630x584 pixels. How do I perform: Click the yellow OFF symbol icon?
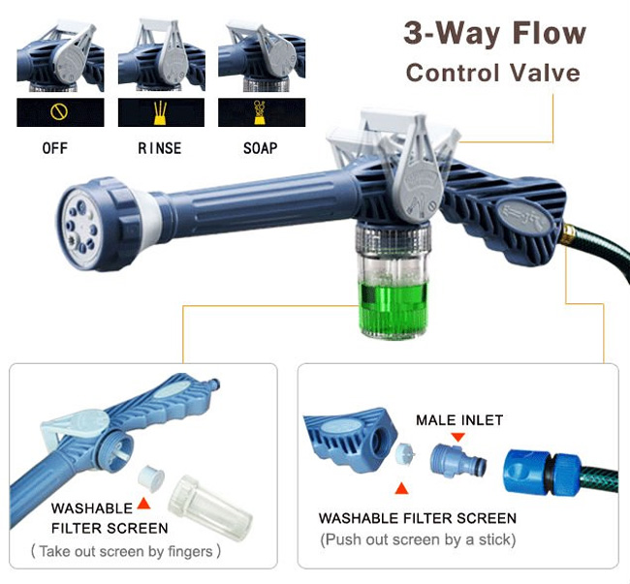(x=59, y=112)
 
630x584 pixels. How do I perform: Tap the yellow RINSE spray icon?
(x=160, y=112)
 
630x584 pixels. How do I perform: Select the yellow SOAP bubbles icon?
(x=260, y=112)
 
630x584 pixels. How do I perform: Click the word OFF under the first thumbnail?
(x=55, y=148)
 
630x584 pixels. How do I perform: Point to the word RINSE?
(x=160, y=148)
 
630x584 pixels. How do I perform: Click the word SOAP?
(x=261, y=148)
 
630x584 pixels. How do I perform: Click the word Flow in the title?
(x=550, y=33)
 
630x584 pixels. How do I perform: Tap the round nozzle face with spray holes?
(x=81, y=229)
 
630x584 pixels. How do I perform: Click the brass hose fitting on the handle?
(x=567, y=234)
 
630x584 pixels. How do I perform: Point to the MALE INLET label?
(x=459, y=420)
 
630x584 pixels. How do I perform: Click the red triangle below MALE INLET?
(x=457, y=437)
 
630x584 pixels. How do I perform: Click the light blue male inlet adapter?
(x=458, y=461)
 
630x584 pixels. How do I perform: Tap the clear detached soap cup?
(x=209, y=507)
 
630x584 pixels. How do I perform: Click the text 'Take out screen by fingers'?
(x=126, y=551)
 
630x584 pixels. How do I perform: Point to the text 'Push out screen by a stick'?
(x=418, y=539)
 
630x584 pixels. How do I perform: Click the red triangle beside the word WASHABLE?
(x=143, y=504)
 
